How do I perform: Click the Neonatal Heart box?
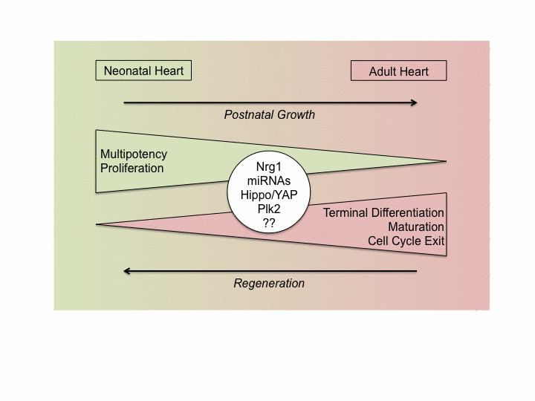(144, 71)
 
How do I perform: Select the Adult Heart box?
(399, 72)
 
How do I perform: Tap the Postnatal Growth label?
(270, 114)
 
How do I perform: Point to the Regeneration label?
(269, 283)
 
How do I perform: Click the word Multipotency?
(134, 154)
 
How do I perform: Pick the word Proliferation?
(132, 168)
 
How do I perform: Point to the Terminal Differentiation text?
(383, 213)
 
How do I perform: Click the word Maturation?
(415, 226)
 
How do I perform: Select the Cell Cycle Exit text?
(406, 241)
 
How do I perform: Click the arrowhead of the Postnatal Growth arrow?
(412, 102)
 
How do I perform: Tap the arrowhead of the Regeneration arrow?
(128, 271)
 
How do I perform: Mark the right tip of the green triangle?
(444, 161)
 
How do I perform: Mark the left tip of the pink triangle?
(99, 224)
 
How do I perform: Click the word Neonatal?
(127, 71)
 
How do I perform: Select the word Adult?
(383, 72)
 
